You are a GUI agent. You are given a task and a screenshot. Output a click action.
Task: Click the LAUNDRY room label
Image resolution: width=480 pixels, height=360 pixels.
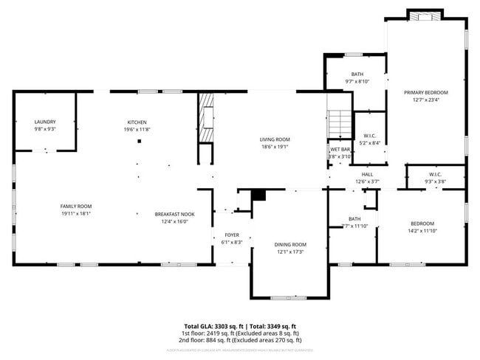(45, 122)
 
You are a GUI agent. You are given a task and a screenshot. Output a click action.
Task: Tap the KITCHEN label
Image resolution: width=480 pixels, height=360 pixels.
(137, 122)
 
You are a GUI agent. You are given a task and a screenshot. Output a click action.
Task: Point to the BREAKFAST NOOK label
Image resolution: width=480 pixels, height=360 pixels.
(174, 214)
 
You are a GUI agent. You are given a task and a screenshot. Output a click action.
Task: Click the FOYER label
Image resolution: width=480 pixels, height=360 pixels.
(231, 235)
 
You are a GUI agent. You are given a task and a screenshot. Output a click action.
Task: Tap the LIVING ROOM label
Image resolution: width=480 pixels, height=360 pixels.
(274, 139)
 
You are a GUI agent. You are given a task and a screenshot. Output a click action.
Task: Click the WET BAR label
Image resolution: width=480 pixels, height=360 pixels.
(340, 150)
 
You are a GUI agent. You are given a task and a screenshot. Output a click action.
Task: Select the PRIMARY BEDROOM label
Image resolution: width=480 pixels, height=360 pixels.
(425, 92)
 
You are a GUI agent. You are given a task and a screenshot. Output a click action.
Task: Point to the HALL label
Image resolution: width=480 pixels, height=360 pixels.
(367, 174)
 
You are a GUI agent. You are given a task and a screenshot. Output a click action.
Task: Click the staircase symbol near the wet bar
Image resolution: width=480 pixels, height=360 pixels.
(338, 122)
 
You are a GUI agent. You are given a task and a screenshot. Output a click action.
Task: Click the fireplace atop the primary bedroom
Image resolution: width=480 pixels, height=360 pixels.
(425, 14)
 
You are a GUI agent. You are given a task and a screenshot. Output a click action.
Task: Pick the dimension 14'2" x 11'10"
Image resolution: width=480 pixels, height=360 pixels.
(422, 231)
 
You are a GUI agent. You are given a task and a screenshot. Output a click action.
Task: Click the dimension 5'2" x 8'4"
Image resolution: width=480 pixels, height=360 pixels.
(370, 142)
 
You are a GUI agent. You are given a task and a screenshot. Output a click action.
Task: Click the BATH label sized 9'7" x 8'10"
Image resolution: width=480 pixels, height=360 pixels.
(357, 74)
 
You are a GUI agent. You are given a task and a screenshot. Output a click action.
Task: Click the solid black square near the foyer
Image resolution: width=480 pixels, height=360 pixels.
(258, 195)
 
